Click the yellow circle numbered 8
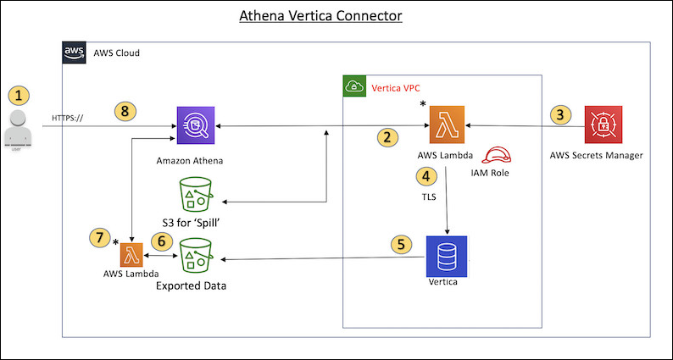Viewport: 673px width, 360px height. (125, 110)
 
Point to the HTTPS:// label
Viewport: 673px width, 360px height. (68, 117)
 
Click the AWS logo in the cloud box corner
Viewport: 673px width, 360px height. (75, 53)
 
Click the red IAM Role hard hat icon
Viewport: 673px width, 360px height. (495, 155)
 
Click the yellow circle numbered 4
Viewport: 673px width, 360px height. (426, 176)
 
